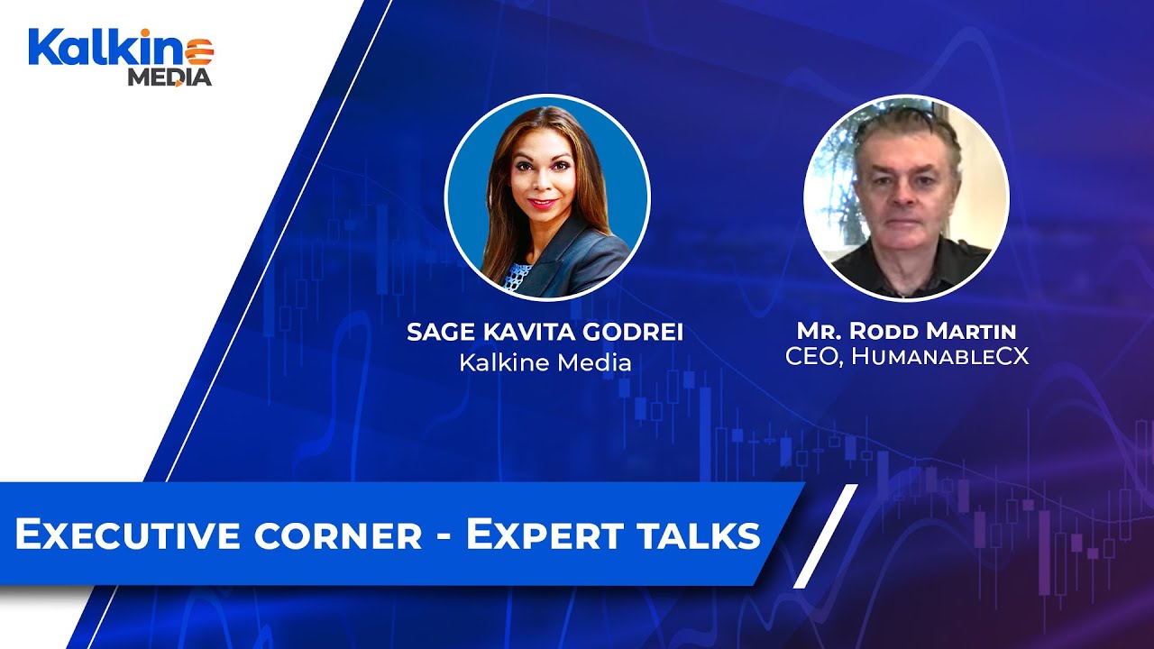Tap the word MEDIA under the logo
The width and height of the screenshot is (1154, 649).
coord(169,78)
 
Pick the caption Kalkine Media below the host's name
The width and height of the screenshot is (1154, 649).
coord(545,362)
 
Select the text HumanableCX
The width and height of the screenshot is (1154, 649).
coord(939,356)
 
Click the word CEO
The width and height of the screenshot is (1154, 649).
coord(810,356)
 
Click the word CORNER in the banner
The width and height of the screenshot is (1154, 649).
coord(337,535)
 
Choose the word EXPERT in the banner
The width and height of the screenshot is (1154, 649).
coord(540,535)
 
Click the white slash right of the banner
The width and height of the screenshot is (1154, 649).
coord(825,536)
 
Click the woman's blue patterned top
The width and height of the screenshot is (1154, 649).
coord(517,276)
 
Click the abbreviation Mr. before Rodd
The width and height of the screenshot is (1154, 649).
coord(814,332)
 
